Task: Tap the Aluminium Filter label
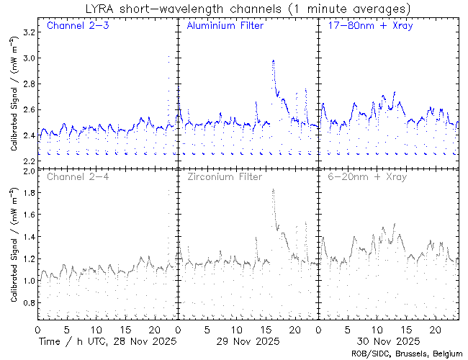[225, 27]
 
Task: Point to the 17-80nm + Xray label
[367, 27]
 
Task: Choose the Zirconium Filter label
[225, 176]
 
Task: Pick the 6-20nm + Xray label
[366, 176]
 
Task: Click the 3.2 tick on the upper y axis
[29, 32]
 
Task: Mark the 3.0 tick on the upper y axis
[29, 58]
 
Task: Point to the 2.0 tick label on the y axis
[29, 172]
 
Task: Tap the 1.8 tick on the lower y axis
[29, 193]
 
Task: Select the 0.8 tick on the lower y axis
[29, 302]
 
